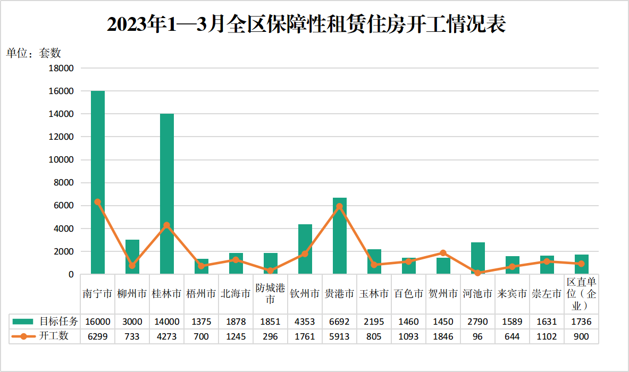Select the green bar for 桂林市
(x=167, y=194)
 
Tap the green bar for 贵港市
(x=340, y=236)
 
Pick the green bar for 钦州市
(x=305, y=249)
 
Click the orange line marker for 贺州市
(x=443, y=253)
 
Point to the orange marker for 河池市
(x=477, y=273)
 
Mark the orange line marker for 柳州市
(x=132, y=266)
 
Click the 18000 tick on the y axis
(x=62, y=68)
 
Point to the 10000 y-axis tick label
(x=62, y=159)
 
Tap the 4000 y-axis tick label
(x=64, y=229)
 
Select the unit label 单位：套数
(x=33, y=53)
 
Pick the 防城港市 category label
(x=270, y=294)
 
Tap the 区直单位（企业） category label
(x=581, y=294)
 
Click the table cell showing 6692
(x=339, y=322)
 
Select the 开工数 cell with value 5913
(x=339, y=336)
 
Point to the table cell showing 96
(x=477, y=336)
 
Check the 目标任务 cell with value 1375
(x=201, y=322)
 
